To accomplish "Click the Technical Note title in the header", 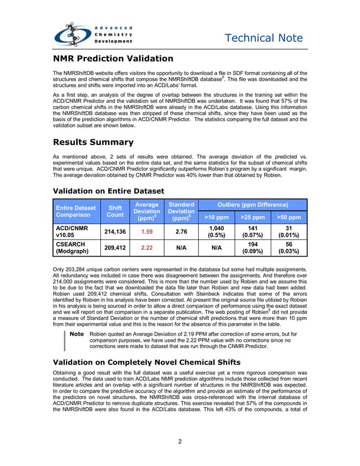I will coord(264,38).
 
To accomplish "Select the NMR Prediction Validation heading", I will coord(113,59).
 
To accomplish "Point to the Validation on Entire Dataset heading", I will coord(108,191).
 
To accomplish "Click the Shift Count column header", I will coord(115,212).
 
